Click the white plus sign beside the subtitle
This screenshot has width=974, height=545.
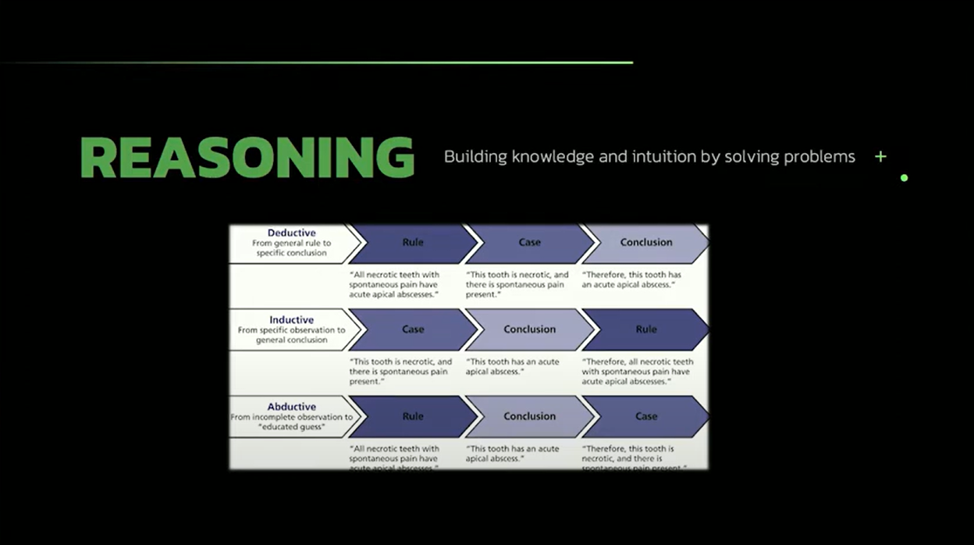click(x=880, y=157)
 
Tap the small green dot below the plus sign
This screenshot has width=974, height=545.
click(x=904, y=178)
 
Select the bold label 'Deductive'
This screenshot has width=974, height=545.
click(x=292, y=233)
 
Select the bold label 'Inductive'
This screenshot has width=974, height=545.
click(x=292, y=320)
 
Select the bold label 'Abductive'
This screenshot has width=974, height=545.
click(x=292, y=407)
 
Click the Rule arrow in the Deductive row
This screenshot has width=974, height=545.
click(x=413, y=243)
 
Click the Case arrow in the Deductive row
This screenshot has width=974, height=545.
click(x=529, y=243)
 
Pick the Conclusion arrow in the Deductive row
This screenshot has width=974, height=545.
click(x=646, y=243)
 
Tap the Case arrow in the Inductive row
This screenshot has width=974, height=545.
click(x=413, y=329)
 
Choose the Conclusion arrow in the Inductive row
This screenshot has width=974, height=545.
click(x=529, y=329)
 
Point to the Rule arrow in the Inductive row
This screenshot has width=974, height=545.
click(x=646, y=329)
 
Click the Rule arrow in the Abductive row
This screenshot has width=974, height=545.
click(x=413, y=416)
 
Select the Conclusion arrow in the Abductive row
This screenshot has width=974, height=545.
click(x=529, y=416)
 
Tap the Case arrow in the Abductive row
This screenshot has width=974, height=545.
click(x=646, y=416)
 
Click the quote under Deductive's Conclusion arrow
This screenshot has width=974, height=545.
click(x=631, y=280)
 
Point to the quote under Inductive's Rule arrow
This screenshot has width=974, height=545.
click(x=637, y=372)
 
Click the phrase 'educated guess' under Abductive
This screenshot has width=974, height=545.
click(x=290, y=427)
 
